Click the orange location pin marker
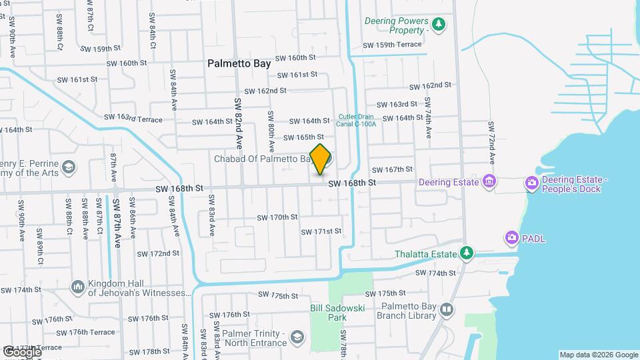pos(321,159)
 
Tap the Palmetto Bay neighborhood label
pos(239,64)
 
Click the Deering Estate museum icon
pos(489,181)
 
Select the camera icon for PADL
pos(511,237)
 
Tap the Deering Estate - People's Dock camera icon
pos(532,184)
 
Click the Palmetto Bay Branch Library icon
pos(446,309)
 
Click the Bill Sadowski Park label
pos(330,313)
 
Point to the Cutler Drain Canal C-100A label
pos(357,119)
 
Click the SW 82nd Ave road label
pos(237,123)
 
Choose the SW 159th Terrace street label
pos(392,45)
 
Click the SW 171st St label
pos(321,231)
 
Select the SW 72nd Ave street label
pos(491,144)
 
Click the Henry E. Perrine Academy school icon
pos(68,167)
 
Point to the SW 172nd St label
pos(158,253)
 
